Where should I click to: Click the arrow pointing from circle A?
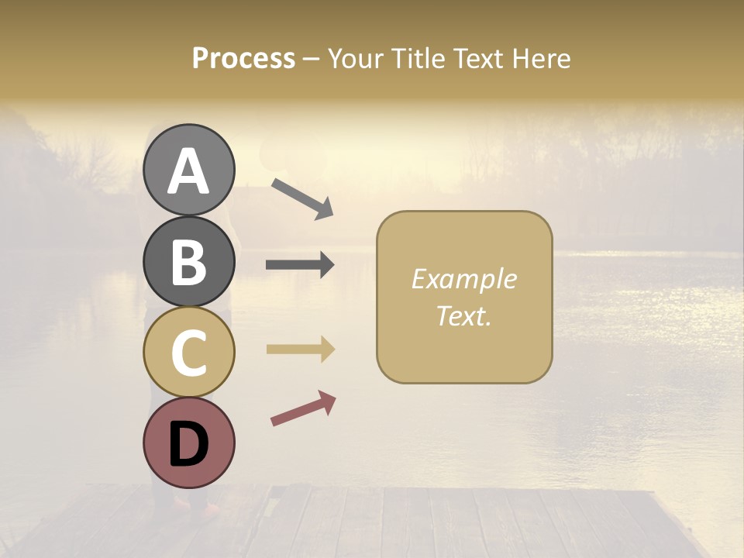[x=302, y=198]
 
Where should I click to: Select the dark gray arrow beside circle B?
[x=300, y=265]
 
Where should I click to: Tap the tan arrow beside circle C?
[x=300, y=350]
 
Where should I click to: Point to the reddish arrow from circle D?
[x=303, y=408]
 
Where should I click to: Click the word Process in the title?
[x=243, y=58]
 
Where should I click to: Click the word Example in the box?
[x=463, y=279]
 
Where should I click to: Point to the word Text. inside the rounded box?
[x=463, y=315]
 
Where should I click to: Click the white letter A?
[x=189, y=171]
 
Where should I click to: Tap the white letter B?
[x=189, y=262]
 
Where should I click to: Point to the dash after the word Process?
[x=311, y=59]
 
